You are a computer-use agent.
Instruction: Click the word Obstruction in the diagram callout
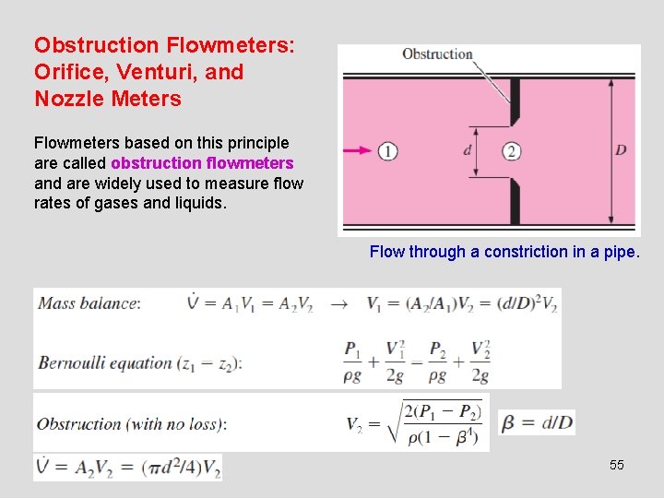437,54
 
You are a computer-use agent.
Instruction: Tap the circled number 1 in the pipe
387,151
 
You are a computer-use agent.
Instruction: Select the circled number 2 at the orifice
513,151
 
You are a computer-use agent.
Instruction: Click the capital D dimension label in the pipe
621,150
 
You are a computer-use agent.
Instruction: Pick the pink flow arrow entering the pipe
358,150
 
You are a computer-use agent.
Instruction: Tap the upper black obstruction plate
515,101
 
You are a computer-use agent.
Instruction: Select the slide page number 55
616,465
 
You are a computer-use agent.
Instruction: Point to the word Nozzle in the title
65,99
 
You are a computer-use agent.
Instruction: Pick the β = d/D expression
537,423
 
